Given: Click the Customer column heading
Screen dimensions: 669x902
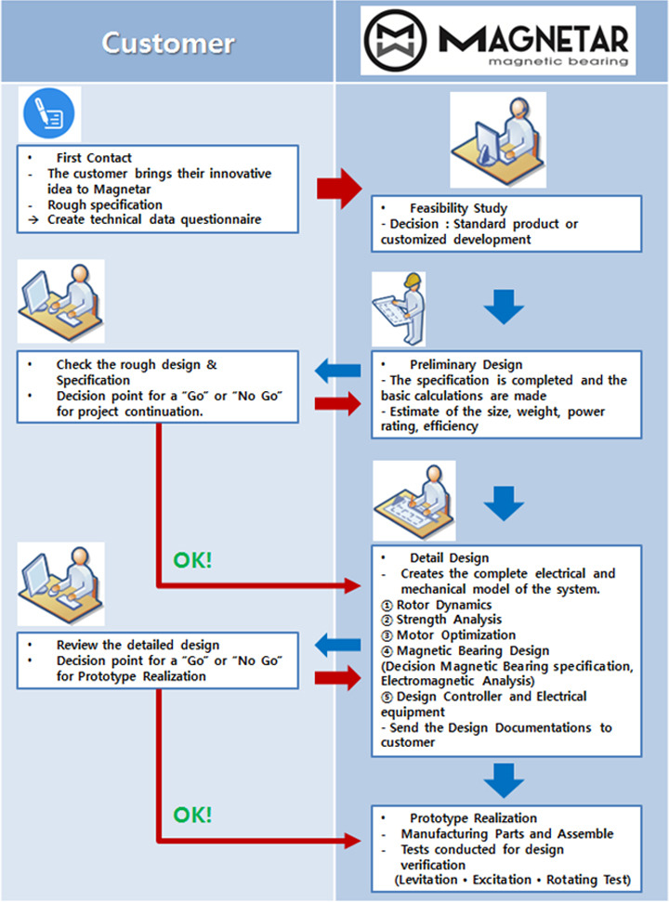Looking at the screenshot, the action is (x=168, y=43).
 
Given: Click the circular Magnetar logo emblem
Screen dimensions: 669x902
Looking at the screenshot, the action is (x=395, y=40).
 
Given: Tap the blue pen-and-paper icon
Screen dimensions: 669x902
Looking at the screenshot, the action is (x=49, y=113).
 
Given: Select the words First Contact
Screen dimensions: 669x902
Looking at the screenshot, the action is (x=94, y=158).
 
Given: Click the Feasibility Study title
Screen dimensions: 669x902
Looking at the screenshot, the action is (x=458, y=208).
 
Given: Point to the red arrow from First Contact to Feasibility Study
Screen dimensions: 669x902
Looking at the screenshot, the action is (x=339, y=189).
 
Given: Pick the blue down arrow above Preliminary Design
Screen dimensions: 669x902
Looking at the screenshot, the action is (x=504, y=307).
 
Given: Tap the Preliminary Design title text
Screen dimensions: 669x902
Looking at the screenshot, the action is (x=466, y=365).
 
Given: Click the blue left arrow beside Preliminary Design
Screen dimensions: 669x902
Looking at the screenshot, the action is (x=338, y=371).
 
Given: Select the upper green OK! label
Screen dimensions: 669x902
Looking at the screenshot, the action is (x=192, y=560).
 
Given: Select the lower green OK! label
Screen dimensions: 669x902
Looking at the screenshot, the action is (x=192, y=815).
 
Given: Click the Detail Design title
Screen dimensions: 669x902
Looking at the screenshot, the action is (x=450, y=558).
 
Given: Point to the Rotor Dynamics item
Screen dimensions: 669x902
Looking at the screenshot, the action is (x=437, y=605).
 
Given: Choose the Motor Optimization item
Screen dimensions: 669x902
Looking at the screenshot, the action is (x=449, y=635).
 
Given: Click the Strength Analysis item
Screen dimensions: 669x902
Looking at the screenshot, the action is (x=441, y=621).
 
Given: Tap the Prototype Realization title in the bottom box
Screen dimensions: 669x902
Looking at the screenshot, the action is (x=474, y=818).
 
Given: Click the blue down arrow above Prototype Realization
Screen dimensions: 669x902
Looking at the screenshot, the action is (x=504, y=780).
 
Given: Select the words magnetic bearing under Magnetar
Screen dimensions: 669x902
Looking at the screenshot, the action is (x=558, y=61).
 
